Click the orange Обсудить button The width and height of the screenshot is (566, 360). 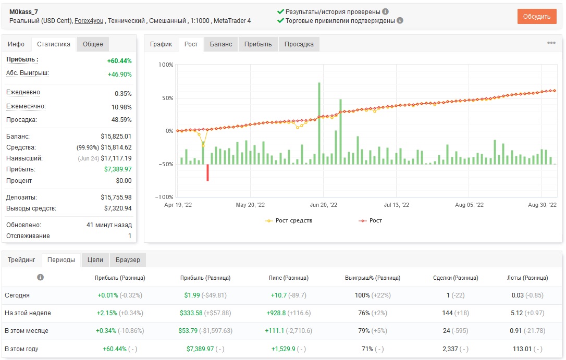click(x=537, y=17)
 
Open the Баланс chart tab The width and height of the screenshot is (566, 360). click(x=221, y=44)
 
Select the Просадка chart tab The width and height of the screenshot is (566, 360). click(x=299, y=44)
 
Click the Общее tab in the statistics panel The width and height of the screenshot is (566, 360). click(x=93, y=44)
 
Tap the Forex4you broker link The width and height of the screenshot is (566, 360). click(x=89, y=20)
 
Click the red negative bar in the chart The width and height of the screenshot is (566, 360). click(x=207, y=172)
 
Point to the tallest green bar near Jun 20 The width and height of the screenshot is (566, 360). click(x=319, y=123)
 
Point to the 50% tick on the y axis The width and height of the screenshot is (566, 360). click(x=167, y=98)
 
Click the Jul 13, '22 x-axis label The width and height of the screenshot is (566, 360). click(x=396, y=205)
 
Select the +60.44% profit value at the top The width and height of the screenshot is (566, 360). click(x=119, y=60)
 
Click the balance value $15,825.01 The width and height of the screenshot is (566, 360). click(x=116, y=136)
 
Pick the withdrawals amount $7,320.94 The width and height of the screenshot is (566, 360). click(x=118, y=208)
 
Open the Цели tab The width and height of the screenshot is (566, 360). click(x=95, y=260)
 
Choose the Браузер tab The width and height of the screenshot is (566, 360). click(x=128, y=260)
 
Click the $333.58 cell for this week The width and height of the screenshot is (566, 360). click(x=191, y=313)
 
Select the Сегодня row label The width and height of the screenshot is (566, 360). click(x=17, y=295)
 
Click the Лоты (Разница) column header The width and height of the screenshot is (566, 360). click(x=527, y=278)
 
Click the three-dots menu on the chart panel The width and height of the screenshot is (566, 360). click(x=551, y=43)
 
